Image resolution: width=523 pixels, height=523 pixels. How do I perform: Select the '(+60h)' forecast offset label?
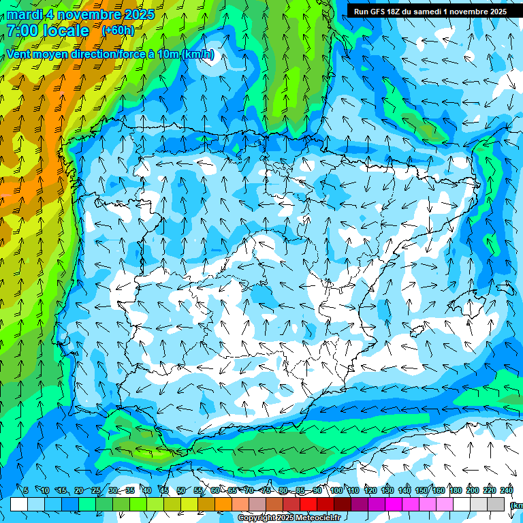click(x=118, y=31)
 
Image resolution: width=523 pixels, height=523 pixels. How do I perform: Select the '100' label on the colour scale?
click(x=336, y=491)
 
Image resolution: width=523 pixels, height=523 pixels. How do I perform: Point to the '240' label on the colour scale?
click(x=507, y=491)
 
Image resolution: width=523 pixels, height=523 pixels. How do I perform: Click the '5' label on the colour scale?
click(x=26, y=491)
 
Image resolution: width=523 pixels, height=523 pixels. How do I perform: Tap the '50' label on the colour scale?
click(x=180, y=491)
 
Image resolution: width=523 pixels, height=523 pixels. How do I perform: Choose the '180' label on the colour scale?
click(x=456, y=491)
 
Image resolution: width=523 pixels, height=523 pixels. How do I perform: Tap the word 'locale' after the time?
click(x=66, y=31)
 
